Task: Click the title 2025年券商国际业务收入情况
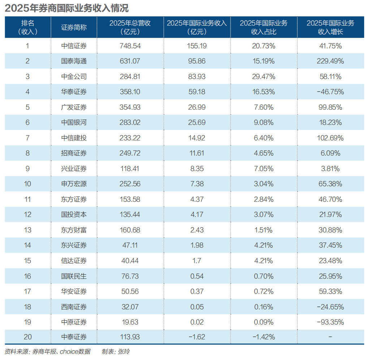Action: pyautogui.click(x=66, y=8)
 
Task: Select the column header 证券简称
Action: pyautogui.click(x=74, y=27)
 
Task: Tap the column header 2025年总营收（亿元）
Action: pyautogui.click(x=130, y=27)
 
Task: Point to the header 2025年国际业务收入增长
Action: pyautogui.click(x=330, y=27)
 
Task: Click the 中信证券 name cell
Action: pyautogui.click(x=74, y=46)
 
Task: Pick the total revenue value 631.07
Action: pyautogui.click(x=130, y=61)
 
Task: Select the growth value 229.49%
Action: pyautogui.click(x=330, y=61)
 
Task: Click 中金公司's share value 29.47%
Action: pyautogui.click(x=263, y=77)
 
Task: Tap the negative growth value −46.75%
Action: pyautogui.click(x=330, y=92)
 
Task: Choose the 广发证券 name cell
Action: pyautogui.click(x=74, y=107)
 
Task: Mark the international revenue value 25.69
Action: pyautogui.click(x=197, y=123)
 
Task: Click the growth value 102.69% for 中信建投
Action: pyautogui.click(x=330, y=138)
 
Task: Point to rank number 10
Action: pyautogui.click(x=27, y=184)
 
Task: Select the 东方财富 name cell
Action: pyautogui.click(x=74, y=230)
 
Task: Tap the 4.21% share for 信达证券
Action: pyautogui.click(x=263, y=261)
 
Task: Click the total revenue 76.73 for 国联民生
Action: pyautogui.click(x=130, y=276)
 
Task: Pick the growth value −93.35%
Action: pyautogui.click(x=330, y=322)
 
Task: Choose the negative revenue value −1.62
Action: pyautogui.click(x=197, y=337)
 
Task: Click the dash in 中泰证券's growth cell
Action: pyautogui.click(x=330, y=337)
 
